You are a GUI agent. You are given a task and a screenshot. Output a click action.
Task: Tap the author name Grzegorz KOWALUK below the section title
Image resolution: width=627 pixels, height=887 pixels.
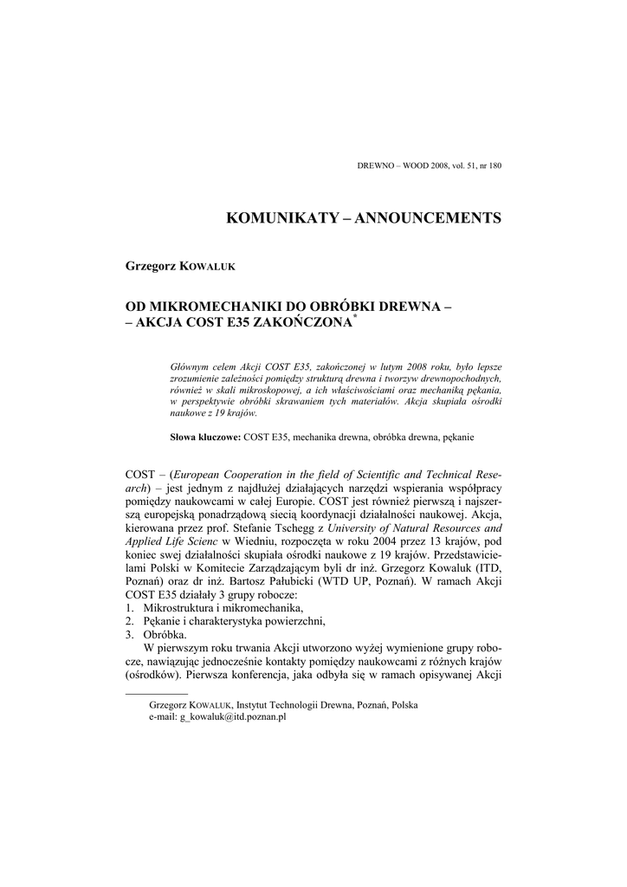point(181,265)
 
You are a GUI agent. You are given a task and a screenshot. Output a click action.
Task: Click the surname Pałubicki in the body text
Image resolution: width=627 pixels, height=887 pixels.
point(333,581)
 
